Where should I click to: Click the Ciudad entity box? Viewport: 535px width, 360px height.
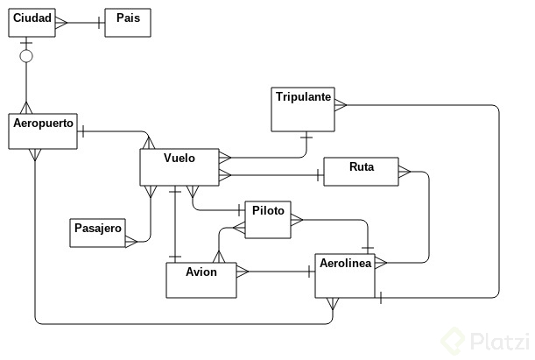point(32,23)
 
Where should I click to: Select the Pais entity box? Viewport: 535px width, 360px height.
point(128,23)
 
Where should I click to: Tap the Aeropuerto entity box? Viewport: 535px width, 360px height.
point(43,131)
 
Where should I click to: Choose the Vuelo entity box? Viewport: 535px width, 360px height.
point(179,167)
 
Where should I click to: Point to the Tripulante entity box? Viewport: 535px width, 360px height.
point(302,109)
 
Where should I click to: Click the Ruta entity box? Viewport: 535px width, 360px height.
point(361,172)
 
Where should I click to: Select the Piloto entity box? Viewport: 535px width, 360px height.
point(268,220)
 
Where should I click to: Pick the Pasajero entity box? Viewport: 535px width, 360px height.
point(97,232)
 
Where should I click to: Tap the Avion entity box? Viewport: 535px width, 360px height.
point(201,279)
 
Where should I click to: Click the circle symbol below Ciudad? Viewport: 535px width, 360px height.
point(26,56)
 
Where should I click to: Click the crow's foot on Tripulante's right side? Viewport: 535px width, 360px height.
point(339,104)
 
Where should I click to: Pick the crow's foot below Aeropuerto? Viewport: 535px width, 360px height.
point(34,155)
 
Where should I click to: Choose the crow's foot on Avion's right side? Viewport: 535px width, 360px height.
point(243,272)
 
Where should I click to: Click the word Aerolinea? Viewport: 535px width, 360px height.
point(346,263)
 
